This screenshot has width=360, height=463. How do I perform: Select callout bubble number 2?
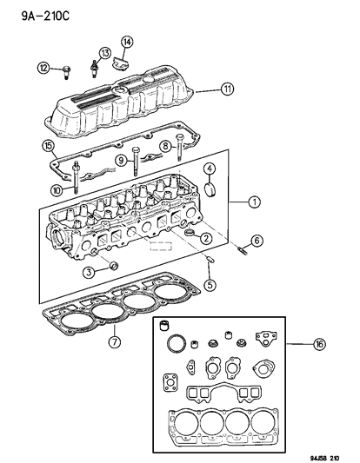click(206, 238)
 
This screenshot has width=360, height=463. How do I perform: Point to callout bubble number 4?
click(210, 168)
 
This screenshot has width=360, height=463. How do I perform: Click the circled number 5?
click(210, 283)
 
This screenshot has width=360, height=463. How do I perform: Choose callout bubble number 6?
click(257, 241)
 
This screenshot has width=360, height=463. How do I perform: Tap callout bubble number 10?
click(56, 189)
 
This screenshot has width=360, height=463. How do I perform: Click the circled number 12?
click(43, 67)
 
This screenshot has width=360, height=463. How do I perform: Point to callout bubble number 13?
click(105, 53)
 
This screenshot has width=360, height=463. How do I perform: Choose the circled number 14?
click(127, 41)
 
